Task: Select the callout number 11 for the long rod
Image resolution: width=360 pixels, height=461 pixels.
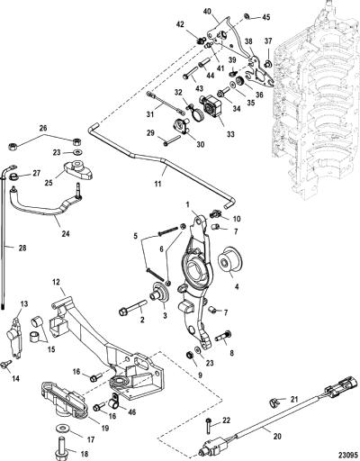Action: click(x=157, y=183)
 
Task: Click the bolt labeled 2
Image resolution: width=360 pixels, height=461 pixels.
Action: click(x=133, y=309)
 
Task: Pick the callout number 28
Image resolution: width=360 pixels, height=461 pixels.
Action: click(x=22, y=249)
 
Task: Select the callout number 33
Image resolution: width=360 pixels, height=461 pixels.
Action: click(x=230, y=134)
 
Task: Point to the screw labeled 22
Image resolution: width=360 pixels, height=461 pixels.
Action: click(x=208, y=427)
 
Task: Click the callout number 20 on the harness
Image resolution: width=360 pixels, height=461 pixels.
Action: click(x=276, y=436)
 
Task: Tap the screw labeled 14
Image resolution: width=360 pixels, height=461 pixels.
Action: click(x=6, y=364)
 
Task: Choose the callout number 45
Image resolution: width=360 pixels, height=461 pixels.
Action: click(x=266, y=17)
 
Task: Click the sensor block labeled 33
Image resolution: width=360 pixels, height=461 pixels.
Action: click(x=212, y=106)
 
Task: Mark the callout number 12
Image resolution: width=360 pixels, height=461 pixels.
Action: click(x=57, y=282)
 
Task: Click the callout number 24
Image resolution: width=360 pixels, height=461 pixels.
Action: click(x=66, y=233)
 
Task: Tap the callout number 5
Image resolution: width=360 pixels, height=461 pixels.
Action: click(x=136, y=236)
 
